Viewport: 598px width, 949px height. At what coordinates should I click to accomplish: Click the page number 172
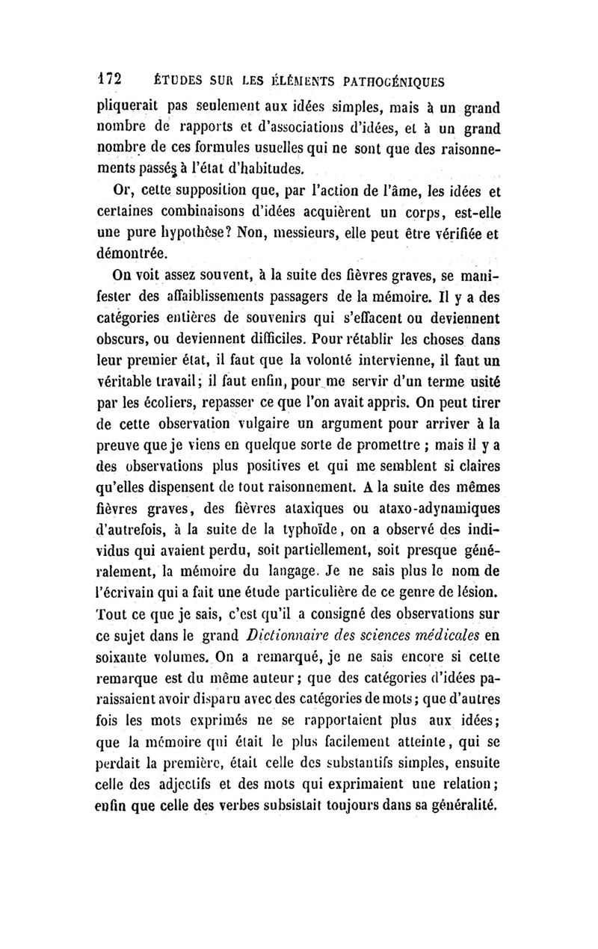[111, 77]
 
